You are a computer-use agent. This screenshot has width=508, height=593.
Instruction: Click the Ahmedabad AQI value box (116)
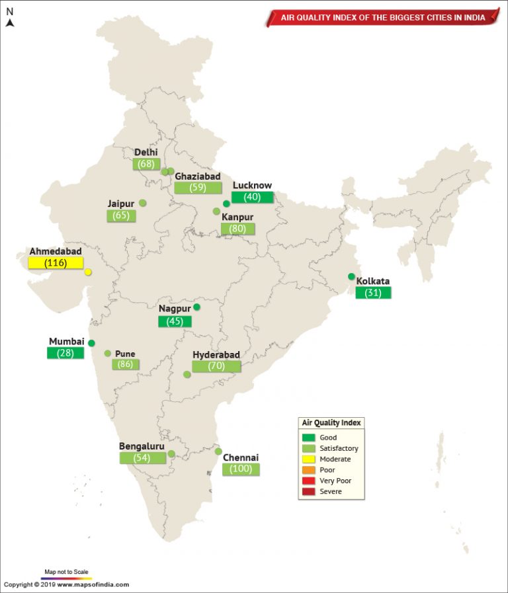[56, 263]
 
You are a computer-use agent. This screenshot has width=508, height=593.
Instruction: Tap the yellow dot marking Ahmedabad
[88, 272]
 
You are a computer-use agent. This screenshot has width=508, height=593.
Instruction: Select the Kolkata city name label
[373, 281]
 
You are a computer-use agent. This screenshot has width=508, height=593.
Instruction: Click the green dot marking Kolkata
[352, 277]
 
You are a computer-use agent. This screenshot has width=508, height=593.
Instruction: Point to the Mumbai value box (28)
[65, 353]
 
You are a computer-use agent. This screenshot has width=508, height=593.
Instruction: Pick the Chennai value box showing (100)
[241, 469]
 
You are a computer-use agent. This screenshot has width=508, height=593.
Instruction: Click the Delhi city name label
[146, 153]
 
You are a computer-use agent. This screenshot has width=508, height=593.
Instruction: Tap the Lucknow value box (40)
[252, 197]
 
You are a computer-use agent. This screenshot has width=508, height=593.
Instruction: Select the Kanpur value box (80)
[237, 229]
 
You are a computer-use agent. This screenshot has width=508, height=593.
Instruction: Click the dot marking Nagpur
[196, 307]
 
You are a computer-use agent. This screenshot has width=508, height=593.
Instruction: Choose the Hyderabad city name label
[216, 355]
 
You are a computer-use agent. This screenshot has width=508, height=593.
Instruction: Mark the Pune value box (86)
[125, 364]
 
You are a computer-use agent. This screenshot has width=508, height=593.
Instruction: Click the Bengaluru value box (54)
[142, 457]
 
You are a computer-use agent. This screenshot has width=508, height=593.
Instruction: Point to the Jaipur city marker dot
[142, 203]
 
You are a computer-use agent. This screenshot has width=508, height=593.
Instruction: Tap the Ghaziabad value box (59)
[197, 187]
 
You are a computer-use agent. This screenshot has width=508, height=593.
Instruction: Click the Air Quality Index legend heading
[331, 423]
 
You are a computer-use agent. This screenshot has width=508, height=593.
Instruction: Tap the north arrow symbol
[10, 22]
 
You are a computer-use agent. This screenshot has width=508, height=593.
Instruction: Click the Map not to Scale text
[67, 571]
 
